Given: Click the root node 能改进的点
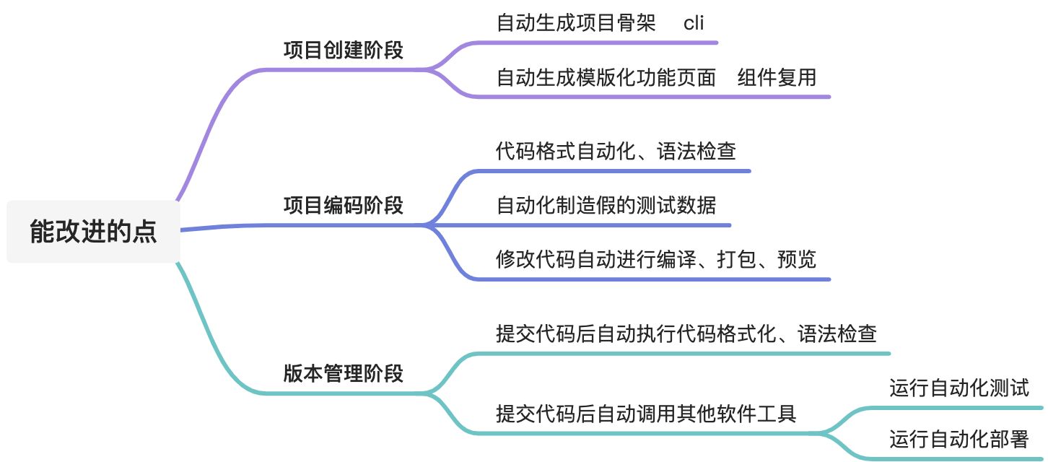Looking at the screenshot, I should pyautogui.click(x=93, y=232).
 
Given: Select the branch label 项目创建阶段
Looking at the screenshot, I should pyautogui.click(x=343, y=51).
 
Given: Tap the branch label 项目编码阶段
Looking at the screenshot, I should pyautogui.click(x=343, y=206).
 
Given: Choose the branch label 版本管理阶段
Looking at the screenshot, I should pyautogui.click(x=343, y=373).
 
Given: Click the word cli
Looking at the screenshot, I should pyautogui.click(x=693, y=23).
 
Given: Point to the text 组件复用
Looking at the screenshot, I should pyautogui.click(x=777, y=77).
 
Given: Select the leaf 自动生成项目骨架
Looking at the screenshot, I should pyautogui.click(x=576, y=23).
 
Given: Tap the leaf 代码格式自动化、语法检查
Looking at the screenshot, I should pyautogui.click(x=616, y=152).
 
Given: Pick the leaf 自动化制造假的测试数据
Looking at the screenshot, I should pyautogui.click(x=606, y=205).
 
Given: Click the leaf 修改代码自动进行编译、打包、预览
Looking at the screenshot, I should pyautogui.click(x=655, y=259).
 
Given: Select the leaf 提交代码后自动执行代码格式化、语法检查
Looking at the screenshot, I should pyautogui.click(x=686, y=334).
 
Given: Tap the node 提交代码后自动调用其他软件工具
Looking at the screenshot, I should pyautogui.click(x=646, y=414).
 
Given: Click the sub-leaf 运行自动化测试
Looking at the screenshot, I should pyautogui.click(x=959, y=388).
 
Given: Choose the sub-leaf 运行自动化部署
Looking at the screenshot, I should pyautogui.click(x=959, y=438).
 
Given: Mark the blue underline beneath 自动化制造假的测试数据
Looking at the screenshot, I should pyautogui.click(x=606, y=225).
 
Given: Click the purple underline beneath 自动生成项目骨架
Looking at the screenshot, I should pyautogui.click(x=599, y=43).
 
